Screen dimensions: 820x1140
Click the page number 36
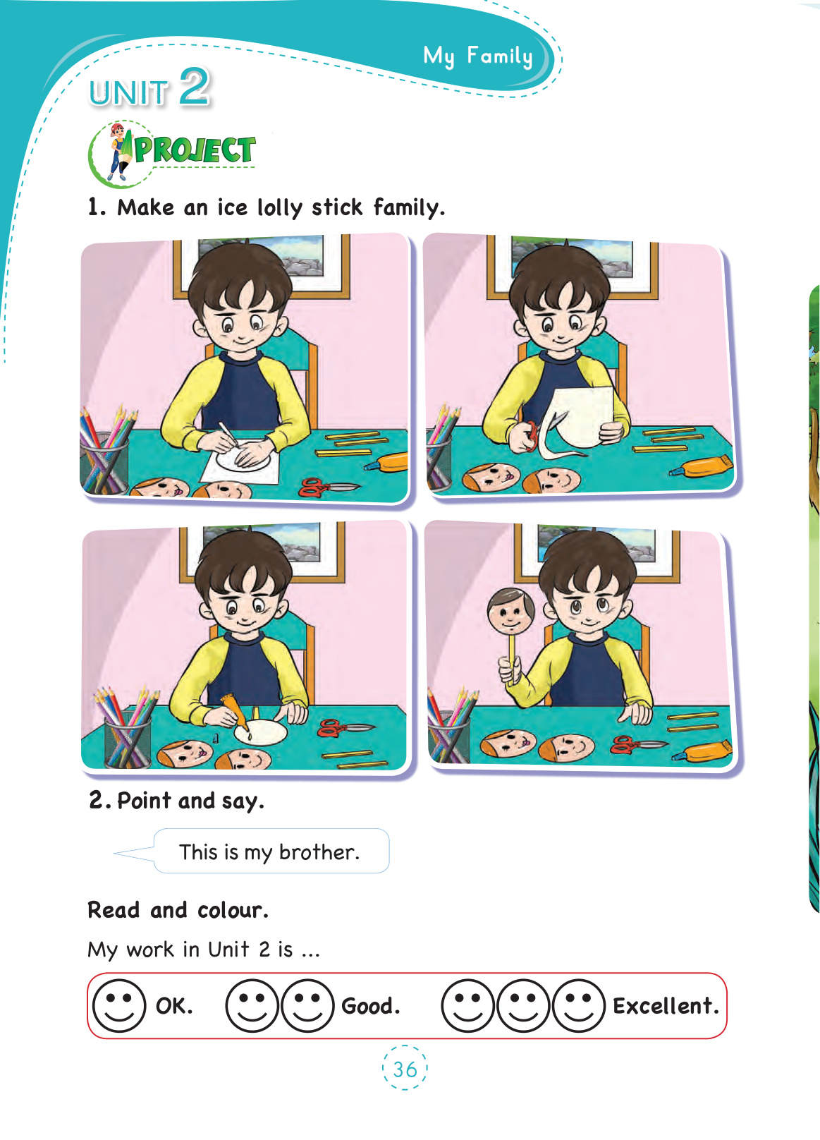click(x=405, y=1069)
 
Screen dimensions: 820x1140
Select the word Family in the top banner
click(x=500, y=56)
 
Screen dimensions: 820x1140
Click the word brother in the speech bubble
click(x=319, y=852)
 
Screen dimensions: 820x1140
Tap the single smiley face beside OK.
click(x=119, y=1006)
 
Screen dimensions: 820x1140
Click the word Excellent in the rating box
click(x=666, y=1006)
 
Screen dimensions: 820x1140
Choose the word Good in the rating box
click(x=370, y=1006)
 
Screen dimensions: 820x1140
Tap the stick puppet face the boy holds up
click(x=510, y=612)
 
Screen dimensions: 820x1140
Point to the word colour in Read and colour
click(x=233, y=910)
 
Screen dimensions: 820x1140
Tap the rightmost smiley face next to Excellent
click(x=578, y=1006)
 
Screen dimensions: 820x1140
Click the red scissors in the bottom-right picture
click(x=638, y=745)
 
